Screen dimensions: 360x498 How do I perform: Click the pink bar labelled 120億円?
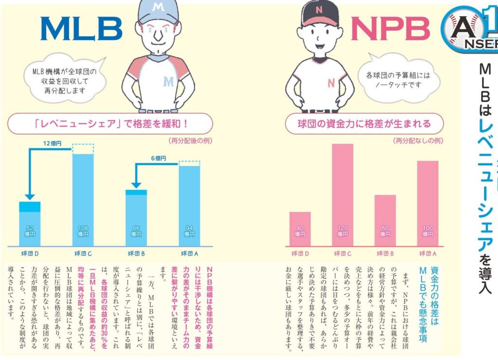tap(342, 195)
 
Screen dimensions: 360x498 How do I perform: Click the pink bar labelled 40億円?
tap(300, 229)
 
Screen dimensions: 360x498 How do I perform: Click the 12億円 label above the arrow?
tap(53, 144)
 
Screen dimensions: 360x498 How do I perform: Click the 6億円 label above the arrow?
tap(158, 159)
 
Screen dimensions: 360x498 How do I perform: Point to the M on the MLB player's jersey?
tap(168, 82)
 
